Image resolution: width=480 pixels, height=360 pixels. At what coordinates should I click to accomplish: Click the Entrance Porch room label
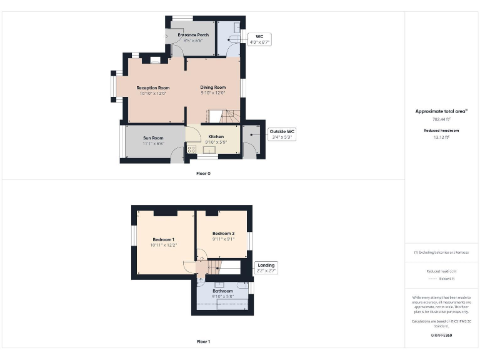pyautogui.click(x=193, y=35)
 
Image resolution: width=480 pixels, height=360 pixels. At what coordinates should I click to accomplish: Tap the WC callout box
pyautogui.click(x=258, y=39)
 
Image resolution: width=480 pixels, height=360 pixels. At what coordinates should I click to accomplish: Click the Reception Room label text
pyautogui.click(x=153, y=87)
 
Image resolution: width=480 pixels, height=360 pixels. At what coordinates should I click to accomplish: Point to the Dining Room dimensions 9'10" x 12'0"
pyautogui.click(x=212, y=93)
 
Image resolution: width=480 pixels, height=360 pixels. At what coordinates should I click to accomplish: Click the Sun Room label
pyautogui.click(x=153, y=137)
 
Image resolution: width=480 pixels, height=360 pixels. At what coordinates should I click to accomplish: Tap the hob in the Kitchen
pyautogui.click(x=192, y=149)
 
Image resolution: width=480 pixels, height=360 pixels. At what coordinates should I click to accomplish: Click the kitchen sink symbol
pyautogui.click(x=207, y=150)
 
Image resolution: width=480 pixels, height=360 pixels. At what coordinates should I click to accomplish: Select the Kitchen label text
pyautogui.click(x=216, y=136)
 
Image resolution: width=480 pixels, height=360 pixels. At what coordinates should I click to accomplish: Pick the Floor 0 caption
pyautogui.click(x=203, y=173)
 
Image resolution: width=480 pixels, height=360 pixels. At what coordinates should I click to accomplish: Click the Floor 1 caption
pyautogui.click(x=203, y=342)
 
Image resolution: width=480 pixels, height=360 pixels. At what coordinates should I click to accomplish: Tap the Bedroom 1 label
pyautogui.click(x=163, y=239)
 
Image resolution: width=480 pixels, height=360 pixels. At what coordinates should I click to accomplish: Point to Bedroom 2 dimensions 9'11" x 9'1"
pyautogui.click(x=223, y=239)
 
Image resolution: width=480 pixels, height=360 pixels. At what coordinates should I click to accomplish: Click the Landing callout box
pyautogui.click(x=266, y=267)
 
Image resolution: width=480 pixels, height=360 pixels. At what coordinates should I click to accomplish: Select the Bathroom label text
pyautogui.click(x=222, y=291)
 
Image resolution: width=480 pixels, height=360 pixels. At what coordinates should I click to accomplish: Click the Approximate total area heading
pyautogui.click(x=441, y=111)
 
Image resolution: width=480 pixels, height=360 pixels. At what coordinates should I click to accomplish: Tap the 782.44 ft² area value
pyautogui.click(x=441, y=119)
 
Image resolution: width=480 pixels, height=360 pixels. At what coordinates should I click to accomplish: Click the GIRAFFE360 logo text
pyautogui.click(x=441, y=336)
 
